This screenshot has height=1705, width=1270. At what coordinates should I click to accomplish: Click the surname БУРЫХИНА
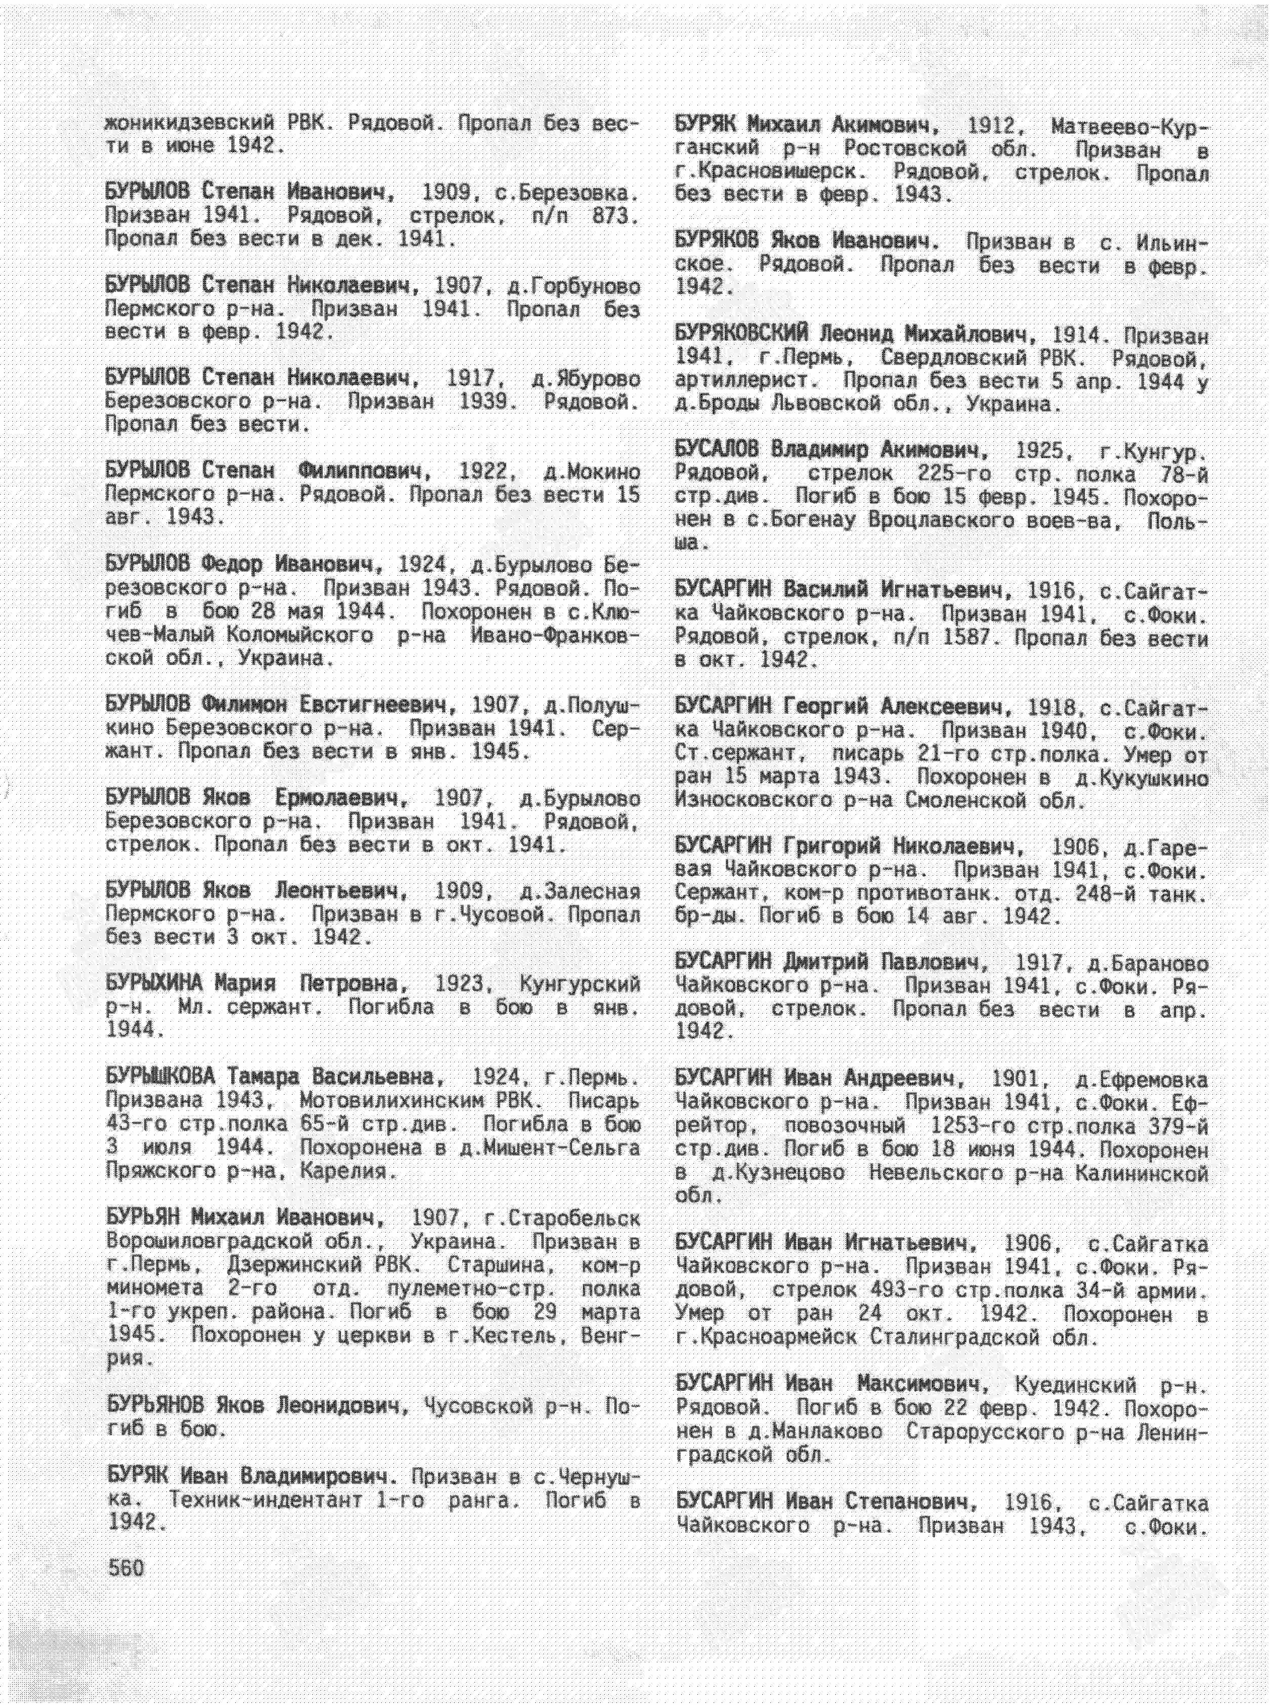point(154,984)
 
